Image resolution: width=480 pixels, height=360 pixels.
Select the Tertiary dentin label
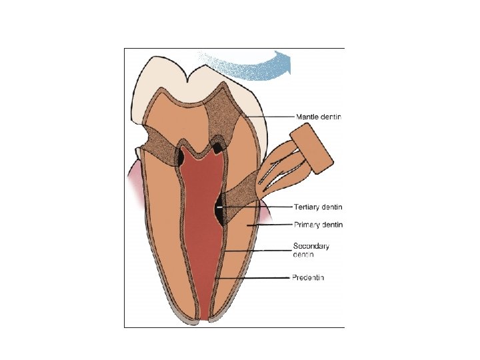click(318, 207)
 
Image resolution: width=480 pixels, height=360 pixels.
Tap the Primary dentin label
click(318, 225)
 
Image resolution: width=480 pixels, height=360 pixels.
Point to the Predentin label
click(308, 277)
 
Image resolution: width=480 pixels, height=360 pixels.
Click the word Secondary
click(311, 246)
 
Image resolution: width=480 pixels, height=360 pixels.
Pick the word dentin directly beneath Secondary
click(303, 255)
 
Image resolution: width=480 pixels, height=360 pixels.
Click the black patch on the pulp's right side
click(219, 209)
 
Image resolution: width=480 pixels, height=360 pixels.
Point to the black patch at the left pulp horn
click(181, 157)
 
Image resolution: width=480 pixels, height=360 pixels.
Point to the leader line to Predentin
click(257, 277)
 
